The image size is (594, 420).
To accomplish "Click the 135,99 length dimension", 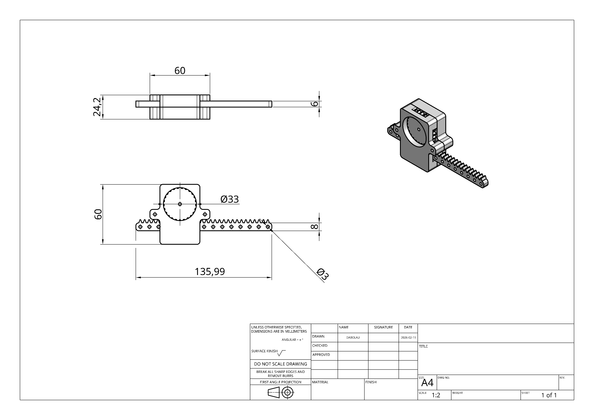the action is click(x=210, y=271).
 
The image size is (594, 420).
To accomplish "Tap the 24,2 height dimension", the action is click(x=97, y=107).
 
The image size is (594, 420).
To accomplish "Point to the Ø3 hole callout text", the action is click(x=323, y=274).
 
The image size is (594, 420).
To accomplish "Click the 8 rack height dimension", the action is click(x=314, y=227).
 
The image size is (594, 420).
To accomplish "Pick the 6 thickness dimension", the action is click(x=314, y=104).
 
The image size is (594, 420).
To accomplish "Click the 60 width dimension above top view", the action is click(x=180, y=70).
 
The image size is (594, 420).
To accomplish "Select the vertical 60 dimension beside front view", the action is click(x=98, y=214).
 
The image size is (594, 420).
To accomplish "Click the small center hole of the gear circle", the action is click(x=180, y=204).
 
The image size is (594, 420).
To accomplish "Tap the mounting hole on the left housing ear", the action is click(x=155, y=214).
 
